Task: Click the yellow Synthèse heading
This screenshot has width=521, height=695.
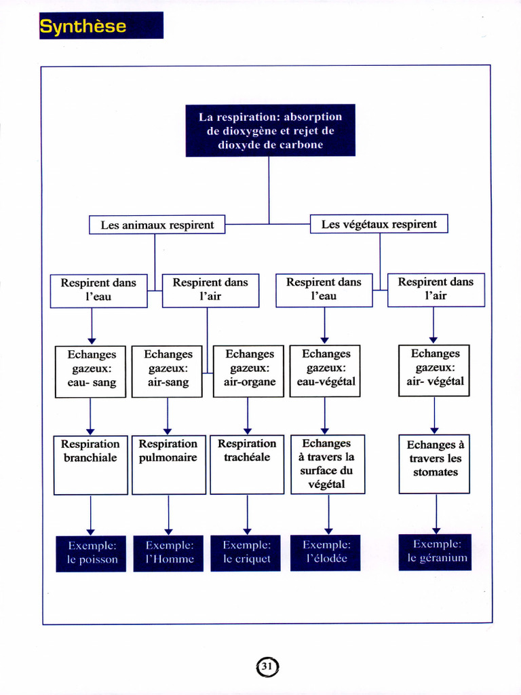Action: (83, 26)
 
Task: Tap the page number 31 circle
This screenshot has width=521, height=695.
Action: (267, 666)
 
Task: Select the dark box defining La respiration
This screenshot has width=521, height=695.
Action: (270, 130)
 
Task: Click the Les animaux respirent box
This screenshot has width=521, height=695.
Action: (157, 225)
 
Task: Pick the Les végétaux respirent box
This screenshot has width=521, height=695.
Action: (379, 224)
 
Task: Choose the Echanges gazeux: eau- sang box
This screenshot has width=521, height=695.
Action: (90, 372)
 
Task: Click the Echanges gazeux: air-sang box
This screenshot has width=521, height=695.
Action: (167, 371)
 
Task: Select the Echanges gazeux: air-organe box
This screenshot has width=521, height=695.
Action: (248, 371)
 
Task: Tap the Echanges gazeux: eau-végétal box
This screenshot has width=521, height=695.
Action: (325, 371)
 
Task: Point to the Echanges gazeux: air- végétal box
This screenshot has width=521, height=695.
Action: (434, 371)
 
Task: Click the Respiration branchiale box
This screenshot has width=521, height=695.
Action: (91, 465)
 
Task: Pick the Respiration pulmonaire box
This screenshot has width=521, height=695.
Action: (169, 464)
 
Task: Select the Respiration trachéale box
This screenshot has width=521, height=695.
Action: (247, 464)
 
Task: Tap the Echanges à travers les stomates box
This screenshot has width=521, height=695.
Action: (434, 464)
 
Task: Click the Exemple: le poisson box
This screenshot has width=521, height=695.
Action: (91, 554)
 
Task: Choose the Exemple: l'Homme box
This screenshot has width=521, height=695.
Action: (168, 553)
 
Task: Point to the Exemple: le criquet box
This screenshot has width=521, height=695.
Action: (246, 552)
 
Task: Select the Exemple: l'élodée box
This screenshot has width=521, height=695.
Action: (326, 552)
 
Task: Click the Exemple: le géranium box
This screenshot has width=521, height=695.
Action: (435, 552)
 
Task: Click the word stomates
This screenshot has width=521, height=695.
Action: (436, 472)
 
